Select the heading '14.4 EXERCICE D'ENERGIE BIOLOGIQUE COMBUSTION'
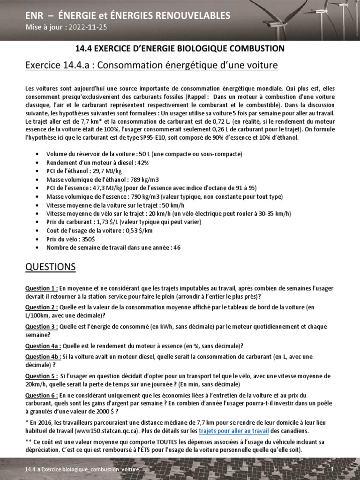tap(180, 48)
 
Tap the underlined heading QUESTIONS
tap(50, 267)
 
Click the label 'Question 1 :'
tap(42, 288)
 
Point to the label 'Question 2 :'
tap(42, 307)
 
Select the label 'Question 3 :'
tap(42, 326)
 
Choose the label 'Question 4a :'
tap(43, 346)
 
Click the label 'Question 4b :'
tap(43, 357)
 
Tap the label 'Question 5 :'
tap(42, 376)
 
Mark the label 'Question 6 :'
tap(42, 395)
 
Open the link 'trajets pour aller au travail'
tap(234, 431)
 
